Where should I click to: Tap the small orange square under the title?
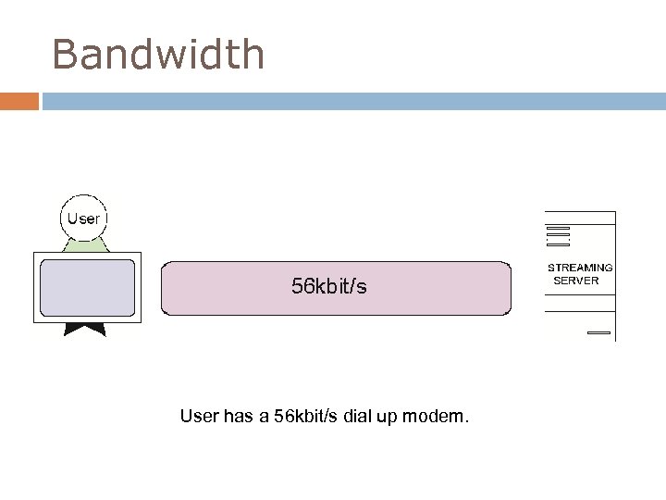[19, 101]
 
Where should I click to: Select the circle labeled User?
[83, 219]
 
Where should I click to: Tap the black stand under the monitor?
[84, 327]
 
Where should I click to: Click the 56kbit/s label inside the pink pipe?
[329, 287]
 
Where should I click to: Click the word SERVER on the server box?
[576, 280]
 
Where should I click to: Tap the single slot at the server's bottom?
[598, 331]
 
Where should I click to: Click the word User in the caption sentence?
[200, 418]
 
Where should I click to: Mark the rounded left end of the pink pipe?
[166, 288]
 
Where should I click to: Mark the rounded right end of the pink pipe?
[507, 288]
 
